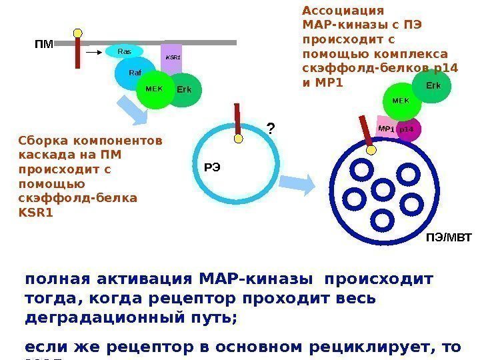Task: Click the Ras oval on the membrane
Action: click(x=125, y=51)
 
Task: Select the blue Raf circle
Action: click(x=135, y=73)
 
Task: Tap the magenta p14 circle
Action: click(x=407, y=129)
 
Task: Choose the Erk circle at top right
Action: click(x=433, y=87)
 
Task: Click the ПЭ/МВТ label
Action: click(x=448, y=237)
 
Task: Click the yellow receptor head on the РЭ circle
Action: click(x=238, y=139)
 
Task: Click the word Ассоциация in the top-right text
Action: click(x=343, y=11)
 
